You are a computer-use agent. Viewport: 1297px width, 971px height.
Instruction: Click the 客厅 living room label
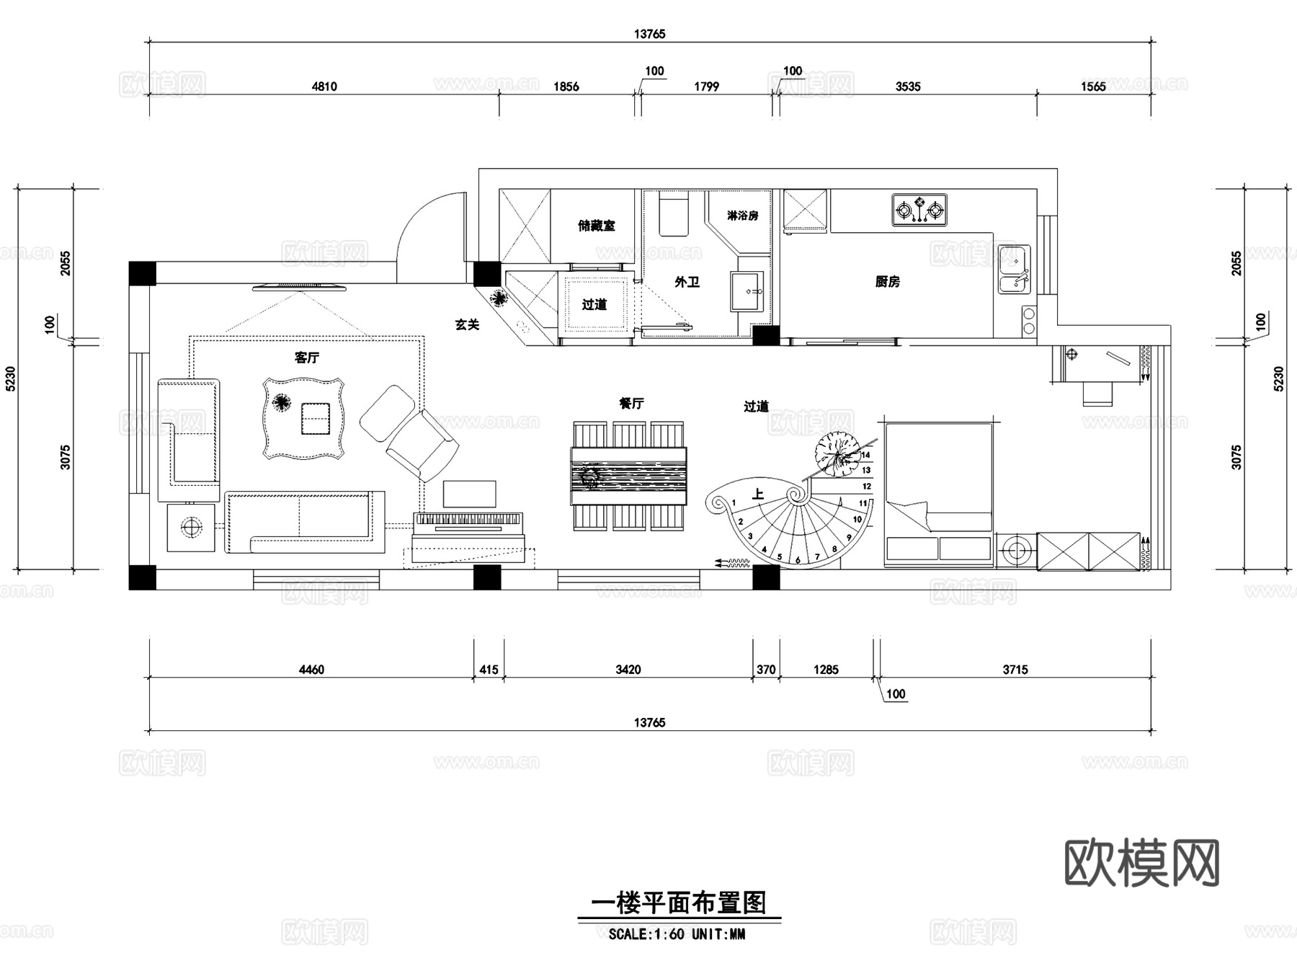coord(307,358)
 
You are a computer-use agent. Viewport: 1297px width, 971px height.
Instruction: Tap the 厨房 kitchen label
coord(888,282)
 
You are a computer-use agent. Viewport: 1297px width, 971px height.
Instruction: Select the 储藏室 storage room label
coord(597,226)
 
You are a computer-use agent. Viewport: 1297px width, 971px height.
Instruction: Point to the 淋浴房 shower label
coord(742,216)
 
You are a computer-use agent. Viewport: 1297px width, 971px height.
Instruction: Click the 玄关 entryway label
coord(467,325)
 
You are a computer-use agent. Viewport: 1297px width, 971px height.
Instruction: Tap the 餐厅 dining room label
coord(631,404)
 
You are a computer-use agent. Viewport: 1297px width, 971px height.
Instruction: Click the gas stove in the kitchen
coord(919,210)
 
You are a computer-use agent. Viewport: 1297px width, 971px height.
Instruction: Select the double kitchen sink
coord(1014,269)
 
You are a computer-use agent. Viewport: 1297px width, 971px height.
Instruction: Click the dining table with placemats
coord(628,476)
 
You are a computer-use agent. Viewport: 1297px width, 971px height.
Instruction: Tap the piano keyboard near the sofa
coord(468,519)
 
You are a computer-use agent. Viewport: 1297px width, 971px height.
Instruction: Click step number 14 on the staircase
coord(865,455)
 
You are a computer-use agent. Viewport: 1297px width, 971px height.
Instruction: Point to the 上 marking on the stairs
coord(757,495)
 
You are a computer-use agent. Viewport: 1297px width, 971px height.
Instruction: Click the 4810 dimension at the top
coord(324,87)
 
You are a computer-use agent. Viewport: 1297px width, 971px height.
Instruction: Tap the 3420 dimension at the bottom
coord(628,670)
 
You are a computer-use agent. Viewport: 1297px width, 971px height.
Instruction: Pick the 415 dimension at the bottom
coord(489,670)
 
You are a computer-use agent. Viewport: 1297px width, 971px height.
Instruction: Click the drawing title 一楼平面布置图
coord(678,903)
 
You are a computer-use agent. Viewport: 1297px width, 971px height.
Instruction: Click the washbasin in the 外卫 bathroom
coord(747,291)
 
